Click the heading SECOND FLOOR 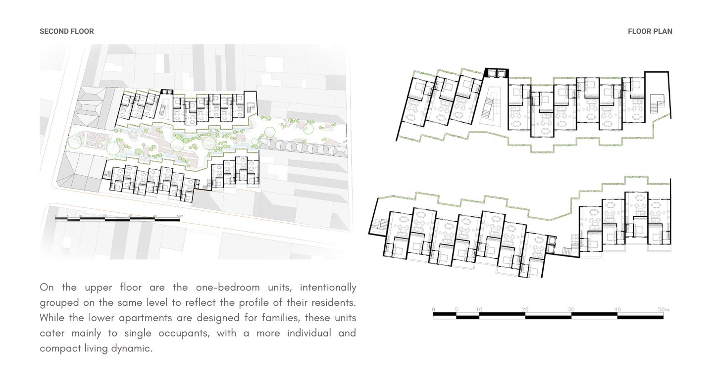[x=67, y=31]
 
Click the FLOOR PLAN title [x=650, y=31]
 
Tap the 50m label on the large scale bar [x=663, y=309]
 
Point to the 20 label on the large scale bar [x=525, y=309]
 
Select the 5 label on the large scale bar [x=457, y=309]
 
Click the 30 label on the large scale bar [x=571, y=309]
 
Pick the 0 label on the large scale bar [x=434, y=309]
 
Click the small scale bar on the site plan [x=117, y=218]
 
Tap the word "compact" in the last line [x=64, y=348]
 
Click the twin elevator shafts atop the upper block [x=496, y=73]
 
